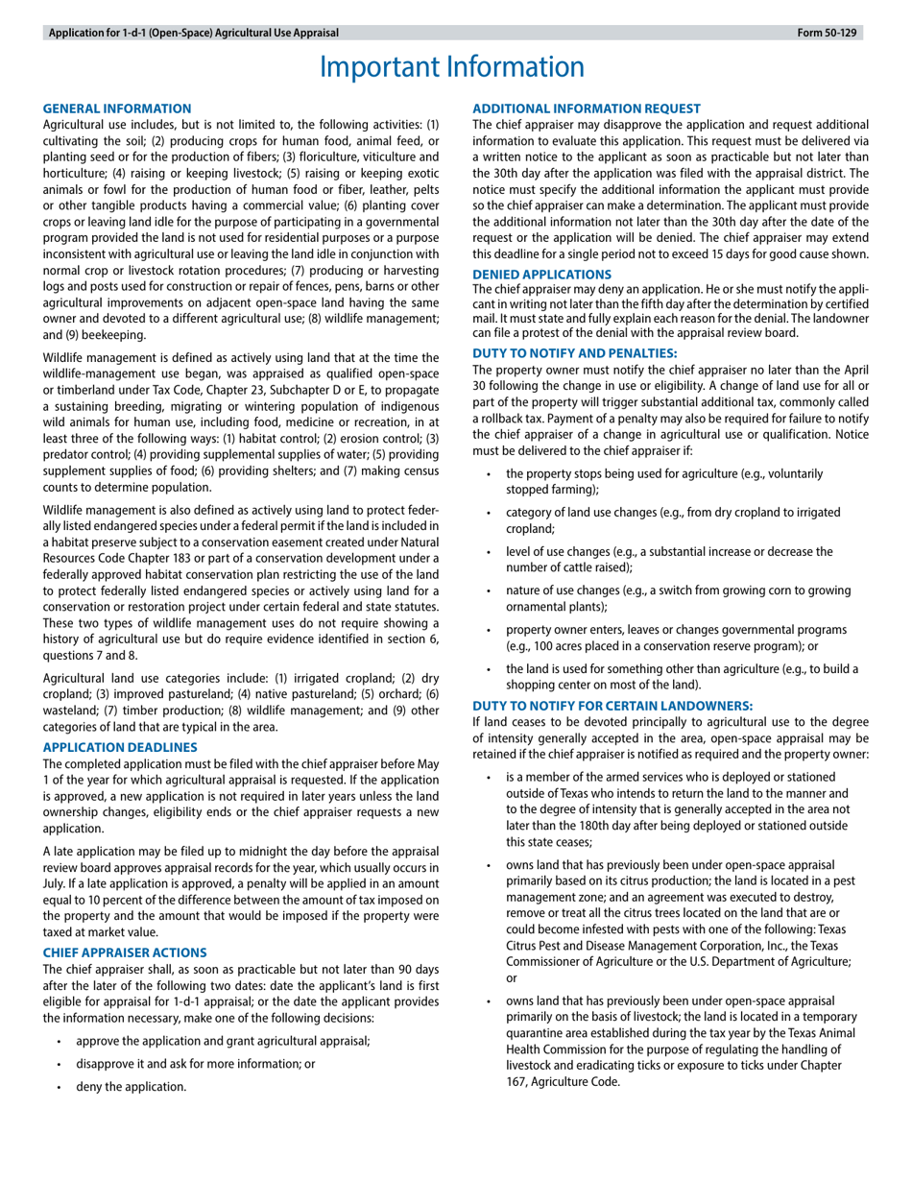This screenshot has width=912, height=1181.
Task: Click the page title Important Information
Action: pyautogui.click(x=451, y=67)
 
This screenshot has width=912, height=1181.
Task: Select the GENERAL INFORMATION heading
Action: pyautogui.click(x=118, y=108)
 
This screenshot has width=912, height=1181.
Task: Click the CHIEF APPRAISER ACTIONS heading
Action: pyautogui.click(x=125, y=952)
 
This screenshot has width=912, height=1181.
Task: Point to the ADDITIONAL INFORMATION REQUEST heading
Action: pyautogui.click(x=587, y=108)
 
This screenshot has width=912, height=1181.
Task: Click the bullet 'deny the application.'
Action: pyautogui.click(x=131, y=1087)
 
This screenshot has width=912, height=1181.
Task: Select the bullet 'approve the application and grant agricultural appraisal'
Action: pyautogui.click(x=223, y=1041)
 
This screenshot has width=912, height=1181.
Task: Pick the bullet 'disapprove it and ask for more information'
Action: pyautogui.click(x=196, y=1064)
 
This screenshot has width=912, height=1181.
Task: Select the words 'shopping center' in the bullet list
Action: pyautogui.click(x=544, y=685)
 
